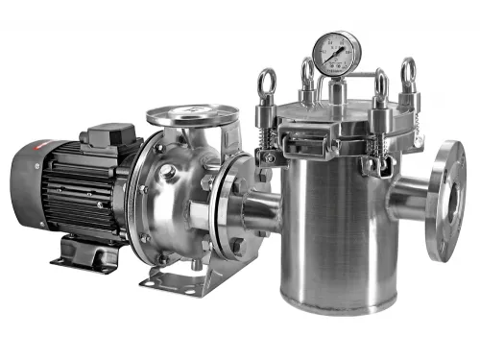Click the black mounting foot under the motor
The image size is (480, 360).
(86, 253)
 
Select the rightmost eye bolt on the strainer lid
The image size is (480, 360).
(408, 72)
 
